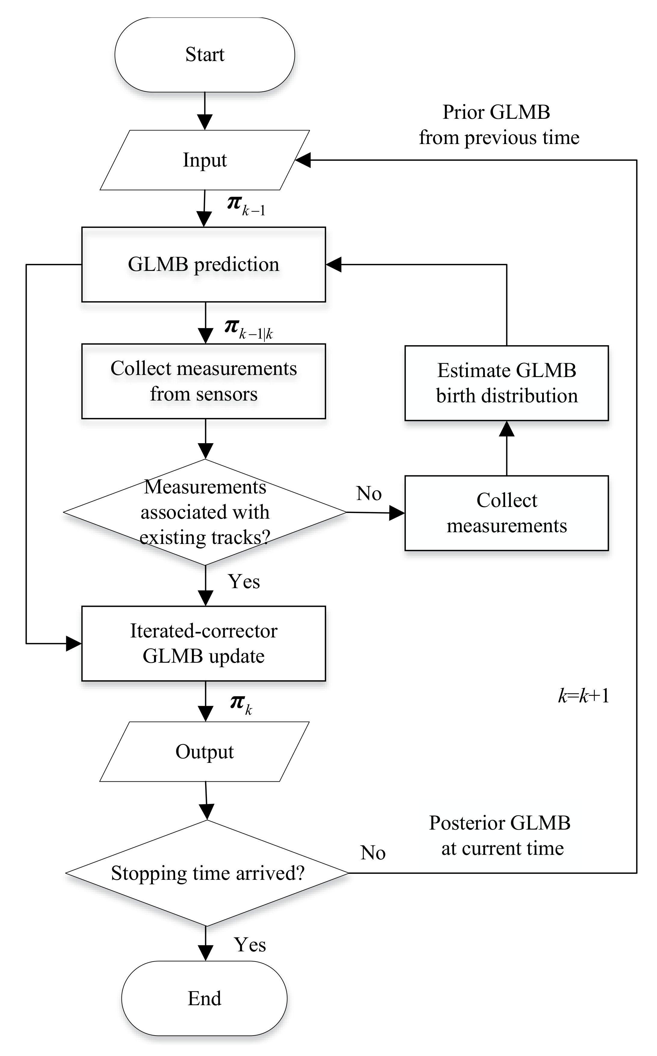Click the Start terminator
tap(205, 55)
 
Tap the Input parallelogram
tap(205, 160)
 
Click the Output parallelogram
tap(205, 752)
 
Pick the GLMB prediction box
tap(203, 264)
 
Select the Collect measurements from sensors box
tap(203, 381)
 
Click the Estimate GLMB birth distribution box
tap(506, 383)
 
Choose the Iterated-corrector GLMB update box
tap(203, 643)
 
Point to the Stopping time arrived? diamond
tap(207, 873)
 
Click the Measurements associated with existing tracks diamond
tap(205, 512)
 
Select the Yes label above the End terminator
tap(250, 944)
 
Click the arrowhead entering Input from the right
tap(303, 160)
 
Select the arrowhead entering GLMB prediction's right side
tap(334, 264)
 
